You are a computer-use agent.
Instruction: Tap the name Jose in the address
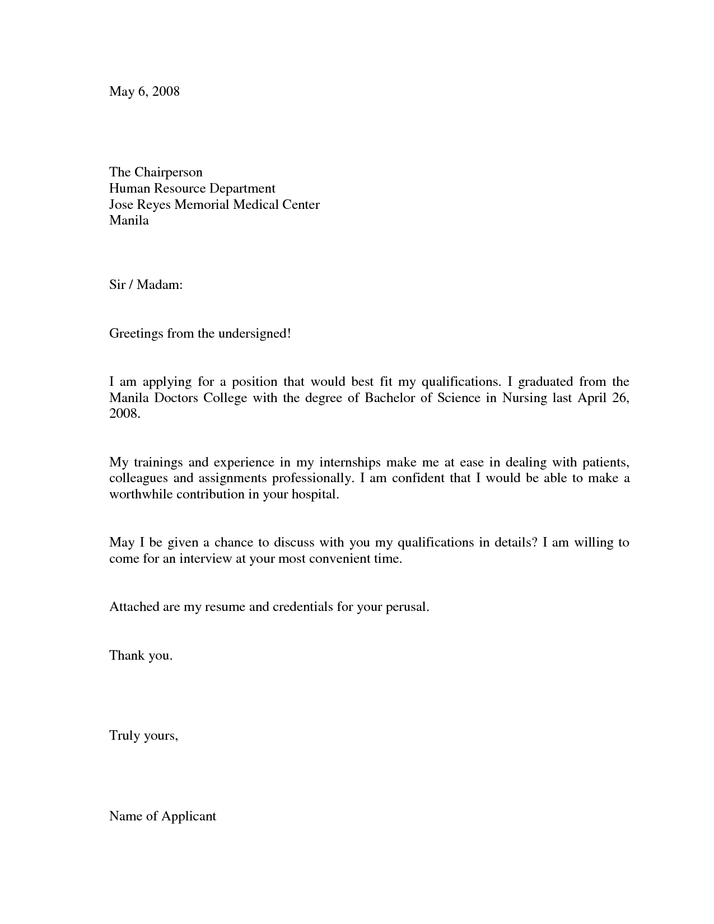click(x=121, y=204)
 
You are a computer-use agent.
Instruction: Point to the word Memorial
click(x=202, y=204)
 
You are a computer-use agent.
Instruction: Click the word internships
click(x=350, y=463)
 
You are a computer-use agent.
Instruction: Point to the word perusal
click(x=407, y=607)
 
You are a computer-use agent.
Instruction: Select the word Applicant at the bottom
click(x=189, y=816)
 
